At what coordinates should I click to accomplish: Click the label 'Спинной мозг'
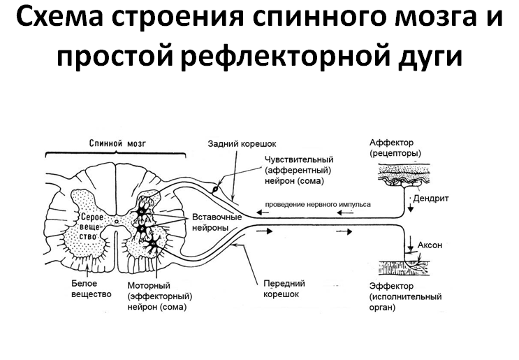click(117, 143)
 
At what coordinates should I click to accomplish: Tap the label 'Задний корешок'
click(242, 144)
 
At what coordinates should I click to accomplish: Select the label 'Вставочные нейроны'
click(217, 222)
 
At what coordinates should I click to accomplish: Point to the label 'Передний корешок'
click(284, 289)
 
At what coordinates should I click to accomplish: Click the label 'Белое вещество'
click(92, 289)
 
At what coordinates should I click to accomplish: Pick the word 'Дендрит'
click(431, 199)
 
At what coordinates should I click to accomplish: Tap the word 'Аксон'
click(430, 245)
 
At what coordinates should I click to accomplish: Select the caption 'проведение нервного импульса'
click(318, 204)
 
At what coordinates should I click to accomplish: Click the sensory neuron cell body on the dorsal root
click(215, 189)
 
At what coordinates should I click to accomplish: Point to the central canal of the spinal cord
click(116, 221)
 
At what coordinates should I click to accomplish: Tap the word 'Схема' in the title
click(59, 17)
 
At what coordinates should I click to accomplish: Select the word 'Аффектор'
click(392, 143)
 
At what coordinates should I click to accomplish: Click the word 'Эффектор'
click(391, 286)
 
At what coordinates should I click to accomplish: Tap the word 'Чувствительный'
click(299, 159)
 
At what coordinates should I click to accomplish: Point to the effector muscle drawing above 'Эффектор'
click(404, 267)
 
